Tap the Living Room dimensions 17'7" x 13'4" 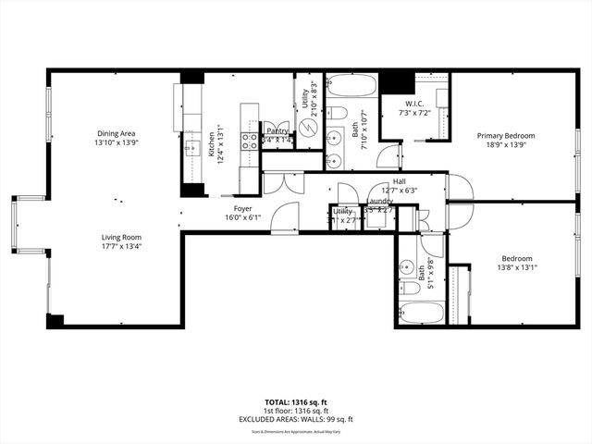pyautogui.click(x=121, y=247)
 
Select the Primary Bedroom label pyautogui.click(x=506, y=136)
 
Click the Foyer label pyautogui.click(x=243, y=208)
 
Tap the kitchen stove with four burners pyautogui.click(x=250, y=141)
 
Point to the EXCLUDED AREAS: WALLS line pyautogui.click(x=295, y=419)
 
